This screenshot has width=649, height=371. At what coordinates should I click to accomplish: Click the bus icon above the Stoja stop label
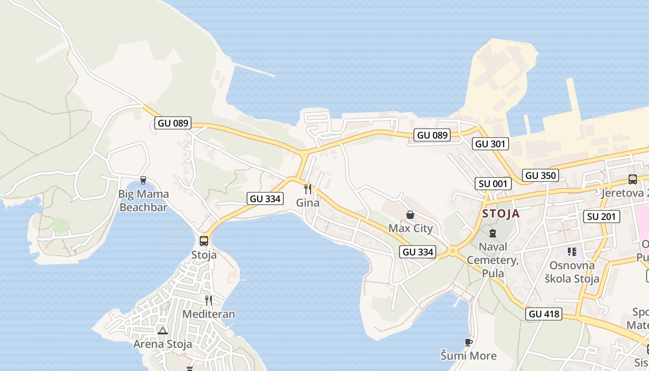[204, 241]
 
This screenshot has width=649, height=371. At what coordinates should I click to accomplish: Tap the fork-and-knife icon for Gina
[307, 189]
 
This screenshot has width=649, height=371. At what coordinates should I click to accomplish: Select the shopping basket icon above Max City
[410, 215]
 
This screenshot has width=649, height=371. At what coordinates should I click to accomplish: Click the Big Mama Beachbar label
[143, 201]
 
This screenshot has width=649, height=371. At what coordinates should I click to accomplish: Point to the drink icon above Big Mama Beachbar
[143, 180]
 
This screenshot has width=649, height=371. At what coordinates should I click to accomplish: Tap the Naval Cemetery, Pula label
[493, 260]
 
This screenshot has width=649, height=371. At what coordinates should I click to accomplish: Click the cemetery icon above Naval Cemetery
[493, 233]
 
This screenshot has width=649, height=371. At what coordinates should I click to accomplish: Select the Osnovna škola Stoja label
[572, 272]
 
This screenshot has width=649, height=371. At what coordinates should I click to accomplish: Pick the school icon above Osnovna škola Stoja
[572, 252]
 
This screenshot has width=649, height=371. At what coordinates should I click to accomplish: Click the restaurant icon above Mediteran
[209, 301]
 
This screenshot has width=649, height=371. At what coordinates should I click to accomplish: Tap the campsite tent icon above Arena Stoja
[162, 331]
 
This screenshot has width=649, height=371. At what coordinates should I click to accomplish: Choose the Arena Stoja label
[162, 344]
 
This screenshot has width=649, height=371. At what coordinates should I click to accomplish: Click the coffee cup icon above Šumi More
[469, 342]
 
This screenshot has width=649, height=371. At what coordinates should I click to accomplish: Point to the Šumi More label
[469, 356]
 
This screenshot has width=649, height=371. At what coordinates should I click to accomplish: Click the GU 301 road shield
[491, 144]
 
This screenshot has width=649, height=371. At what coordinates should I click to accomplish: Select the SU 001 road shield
[493, 184]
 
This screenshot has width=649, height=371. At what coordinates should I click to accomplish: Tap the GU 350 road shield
[541, 175]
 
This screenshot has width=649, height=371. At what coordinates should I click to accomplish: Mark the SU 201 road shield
[601, 216]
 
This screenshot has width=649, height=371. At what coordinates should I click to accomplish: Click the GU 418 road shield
[545, 314]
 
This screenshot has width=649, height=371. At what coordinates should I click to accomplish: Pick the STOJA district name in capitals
[501, 214]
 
